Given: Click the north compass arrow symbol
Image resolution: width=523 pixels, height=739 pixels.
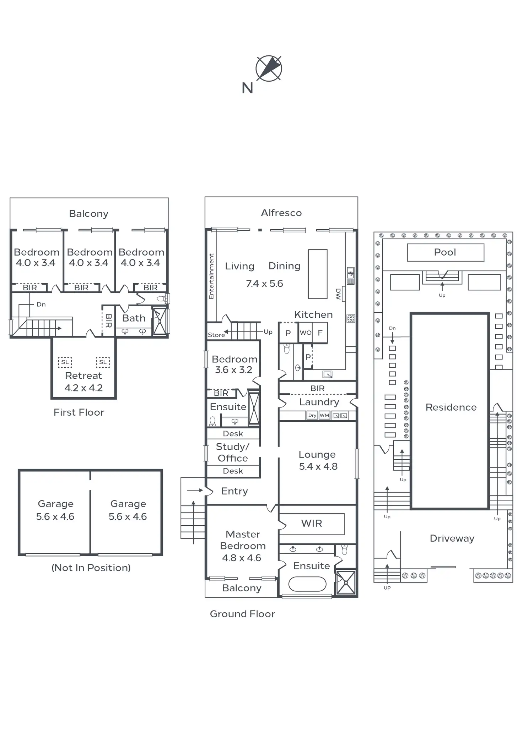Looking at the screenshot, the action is (x=269, y=68).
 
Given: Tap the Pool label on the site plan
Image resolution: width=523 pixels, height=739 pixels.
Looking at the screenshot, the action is (x=445, y=252).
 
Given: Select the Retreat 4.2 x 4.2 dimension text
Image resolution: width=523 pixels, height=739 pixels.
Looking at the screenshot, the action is (x=83, y=388).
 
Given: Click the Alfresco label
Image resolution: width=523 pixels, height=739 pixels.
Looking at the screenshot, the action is (x=281, y=213).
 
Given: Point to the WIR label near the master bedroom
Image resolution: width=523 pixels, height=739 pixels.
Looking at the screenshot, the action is (x=311, y=524).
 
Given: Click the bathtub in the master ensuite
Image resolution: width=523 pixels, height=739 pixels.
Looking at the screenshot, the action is (x=307, y=584).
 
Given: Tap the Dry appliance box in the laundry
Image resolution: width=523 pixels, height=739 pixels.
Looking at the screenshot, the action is (x=312, y=415).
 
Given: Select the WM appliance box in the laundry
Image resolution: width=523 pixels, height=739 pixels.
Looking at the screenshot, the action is (x=324, y=415).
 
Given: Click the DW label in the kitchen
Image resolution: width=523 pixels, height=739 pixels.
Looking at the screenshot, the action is (x=338, y=294).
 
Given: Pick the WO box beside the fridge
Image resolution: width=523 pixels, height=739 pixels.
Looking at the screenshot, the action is (x=306, y=333).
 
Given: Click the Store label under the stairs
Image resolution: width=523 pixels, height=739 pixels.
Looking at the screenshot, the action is (x=216, y=335).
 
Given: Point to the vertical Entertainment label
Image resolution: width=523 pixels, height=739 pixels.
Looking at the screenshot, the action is (x=211, y=276).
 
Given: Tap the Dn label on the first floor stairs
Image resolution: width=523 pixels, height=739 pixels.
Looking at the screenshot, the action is (x=41, y=305).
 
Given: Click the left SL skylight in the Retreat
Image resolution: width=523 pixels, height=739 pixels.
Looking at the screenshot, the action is (x=65, y=362).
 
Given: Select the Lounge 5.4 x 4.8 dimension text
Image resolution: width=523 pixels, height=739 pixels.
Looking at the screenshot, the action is (x=318, y=467).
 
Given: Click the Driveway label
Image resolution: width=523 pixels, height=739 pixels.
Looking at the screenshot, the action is (x=452, y=538).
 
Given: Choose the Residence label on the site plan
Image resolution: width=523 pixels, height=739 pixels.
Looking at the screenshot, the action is (x=451, y=407).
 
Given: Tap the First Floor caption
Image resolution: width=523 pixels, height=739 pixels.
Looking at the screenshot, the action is (x=79, y=412).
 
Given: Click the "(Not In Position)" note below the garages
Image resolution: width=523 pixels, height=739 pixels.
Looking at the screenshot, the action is (x=91, y=568).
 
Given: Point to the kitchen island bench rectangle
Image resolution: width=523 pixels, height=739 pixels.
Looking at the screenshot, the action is (x=318, y=274).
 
